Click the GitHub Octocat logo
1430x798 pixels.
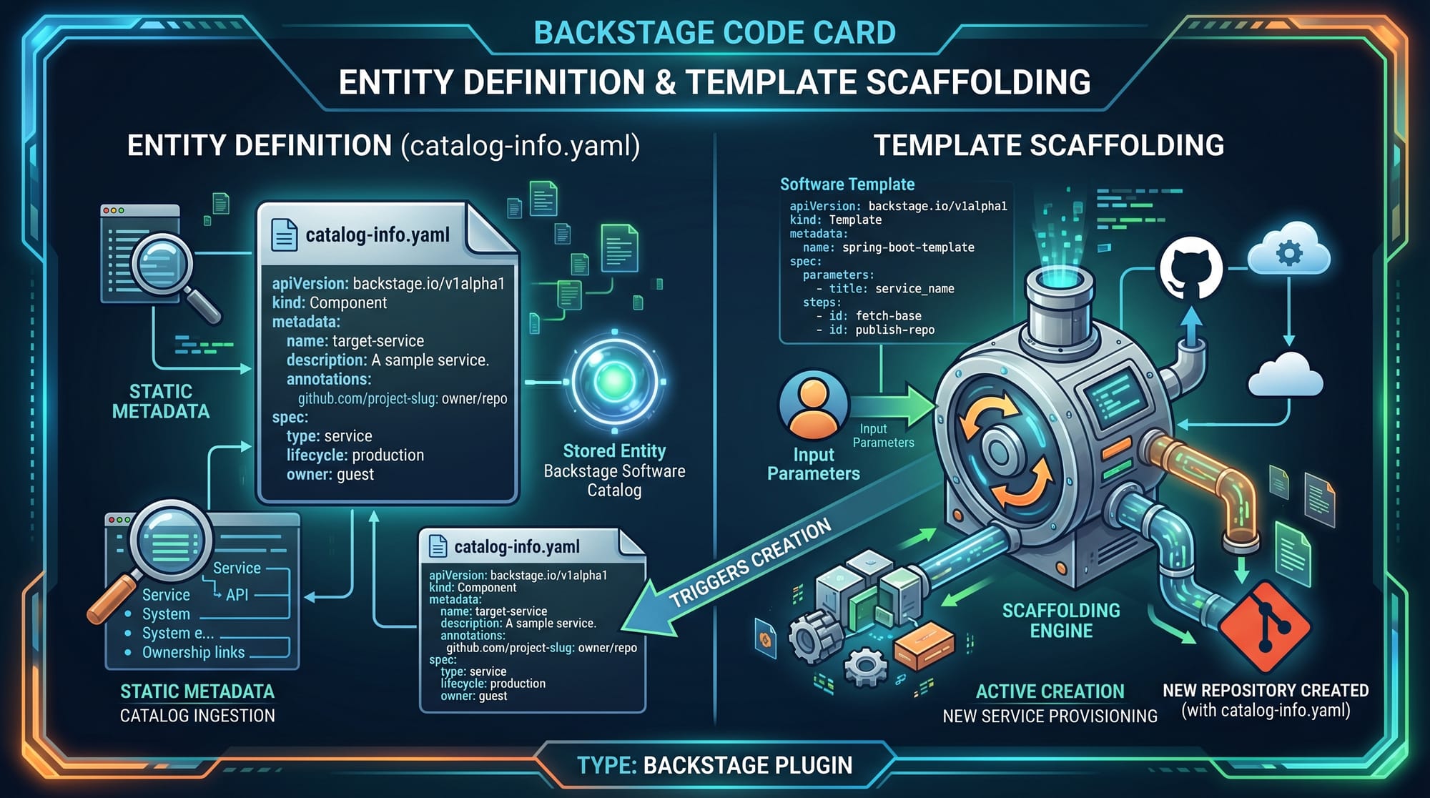click(1190, 270)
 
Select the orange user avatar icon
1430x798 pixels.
click(813, 405)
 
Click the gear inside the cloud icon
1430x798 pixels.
click(1289, 253)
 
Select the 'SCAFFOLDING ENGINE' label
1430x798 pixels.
click(1061, 621)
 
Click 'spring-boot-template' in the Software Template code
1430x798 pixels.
click(908, 247)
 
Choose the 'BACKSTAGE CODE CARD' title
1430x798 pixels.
click(714, 33)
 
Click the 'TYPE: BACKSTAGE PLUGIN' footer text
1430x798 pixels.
click(714, 765)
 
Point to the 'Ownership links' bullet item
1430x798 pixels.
click(193, 652)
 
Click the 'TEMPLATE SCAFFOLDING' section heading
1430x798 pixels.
click(1048, 145)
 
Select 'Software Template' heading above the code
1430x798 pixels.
click(847, 184)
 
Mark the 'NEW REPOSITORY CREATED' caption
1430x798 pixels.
click(1265, 690)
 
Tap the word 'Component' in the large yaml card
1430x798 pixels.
click(348, 302)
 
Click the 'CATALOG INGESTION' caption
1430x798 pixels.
click(197, 716)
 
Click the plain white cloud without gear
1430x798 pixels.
click(1285, 375)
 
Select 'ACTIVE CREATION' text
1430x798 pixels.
click(1050, 691)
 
